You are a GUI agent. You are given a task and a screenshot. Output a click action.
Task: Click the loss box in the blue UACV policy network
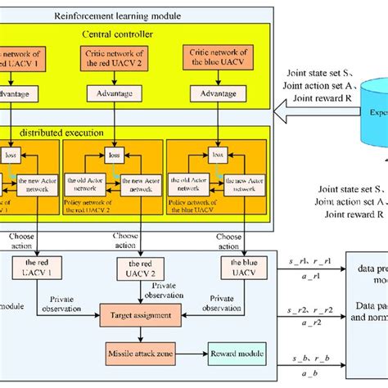point(218,154)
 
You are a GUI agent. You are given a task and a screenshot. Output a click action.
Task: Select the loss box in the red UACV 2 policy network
point(113,154)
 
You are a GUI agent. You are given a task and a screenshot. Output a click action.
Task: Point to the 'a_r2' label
point(300,324)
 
